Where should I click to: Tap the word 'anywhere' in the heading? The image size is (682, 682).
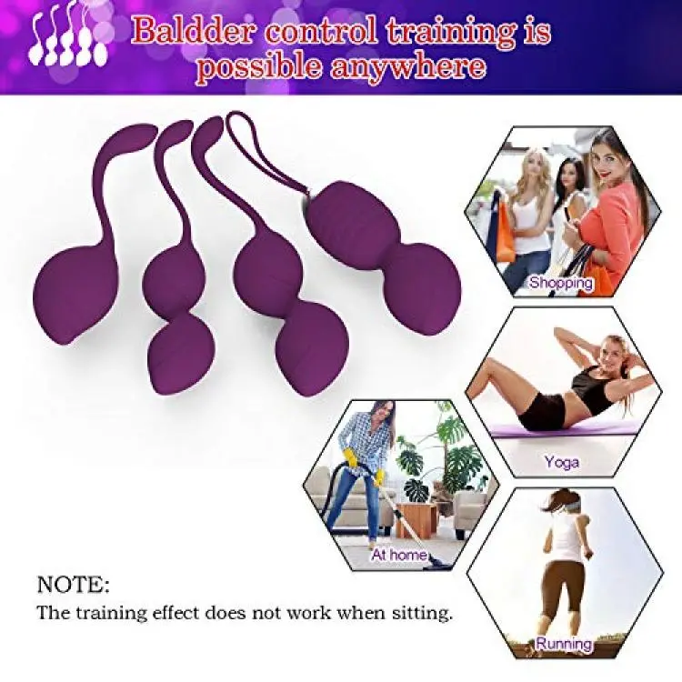pos(408,66)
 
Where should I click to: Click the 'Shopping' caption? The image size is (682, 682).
pos(561,283)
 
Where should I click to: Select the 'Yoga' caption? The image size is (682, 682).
pos(562,462)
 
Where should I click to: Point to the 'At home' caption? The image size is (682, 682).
pos(399,555)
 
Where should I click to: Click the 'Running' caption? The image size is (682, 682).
pos(564,643)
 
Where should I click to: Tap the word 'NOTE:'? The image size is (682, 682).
pos(73,585)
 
